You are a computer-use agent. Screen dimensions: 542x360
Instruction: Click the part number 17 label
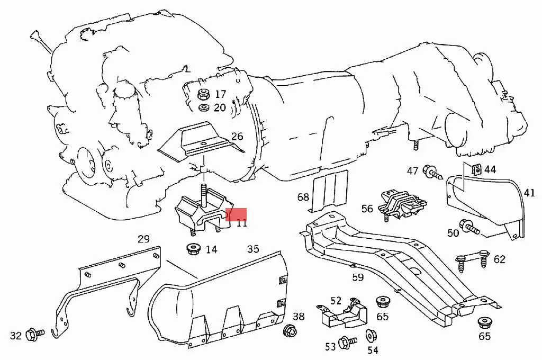(220, 94)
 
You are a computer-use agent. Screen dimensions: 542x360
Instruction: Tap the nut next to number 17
(202, 95)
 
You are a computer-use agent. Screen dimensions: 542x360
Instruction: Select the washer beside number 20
(202, 108)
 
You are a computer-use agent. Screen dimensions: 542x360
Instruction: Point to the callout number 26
(237, 137)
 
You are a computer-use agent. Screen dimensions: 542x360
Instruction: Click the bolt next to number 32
(36, 334)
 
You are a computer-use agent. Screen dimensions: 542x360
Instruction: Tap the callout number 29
(143, 239)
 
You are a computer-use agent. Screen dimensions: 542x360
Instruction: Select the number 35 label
(253, 249)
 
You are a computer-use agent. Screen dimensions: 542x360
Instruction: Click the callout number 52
(336, 301)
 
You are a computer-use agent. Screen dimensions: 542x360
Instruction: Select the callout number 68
(303, 197)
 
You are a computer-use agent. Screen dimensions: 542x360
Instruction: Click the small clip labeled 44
(474, 170)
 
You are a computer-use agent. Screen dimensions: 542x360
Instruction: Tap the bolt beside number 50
(468, 228)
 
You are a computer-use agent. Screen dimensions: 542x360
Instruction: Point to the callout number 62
(499, 259)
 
